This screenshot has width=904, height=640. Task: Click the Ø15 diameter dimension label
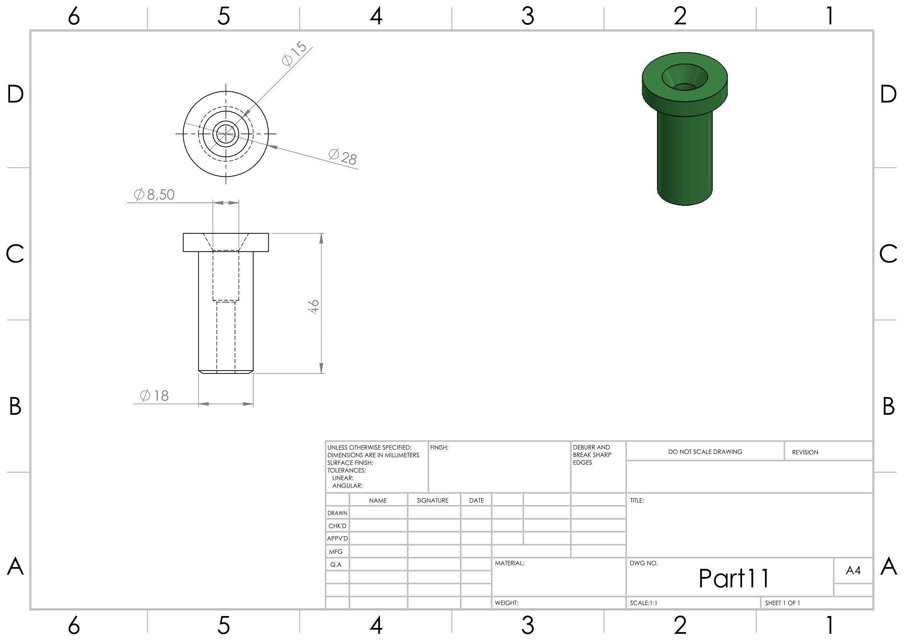294,54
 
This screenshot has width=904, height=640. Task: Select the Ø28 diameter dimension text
342,157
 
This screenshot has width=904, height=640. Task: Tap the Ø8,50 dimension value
154,194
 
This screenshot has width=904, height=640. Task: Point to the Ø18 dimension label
154,395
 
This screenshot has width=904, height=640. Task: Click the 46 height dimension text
313,306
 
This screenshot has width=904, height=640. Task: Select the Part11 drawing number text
734,578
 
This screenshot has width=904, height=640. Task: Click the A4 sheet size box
853,570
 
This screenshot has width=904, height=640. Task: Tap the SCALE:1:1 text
644,603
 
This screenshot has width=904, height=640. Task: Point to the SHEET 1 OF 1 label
782,603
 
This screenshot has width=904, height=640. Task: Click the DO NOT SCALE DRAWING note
705,452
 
